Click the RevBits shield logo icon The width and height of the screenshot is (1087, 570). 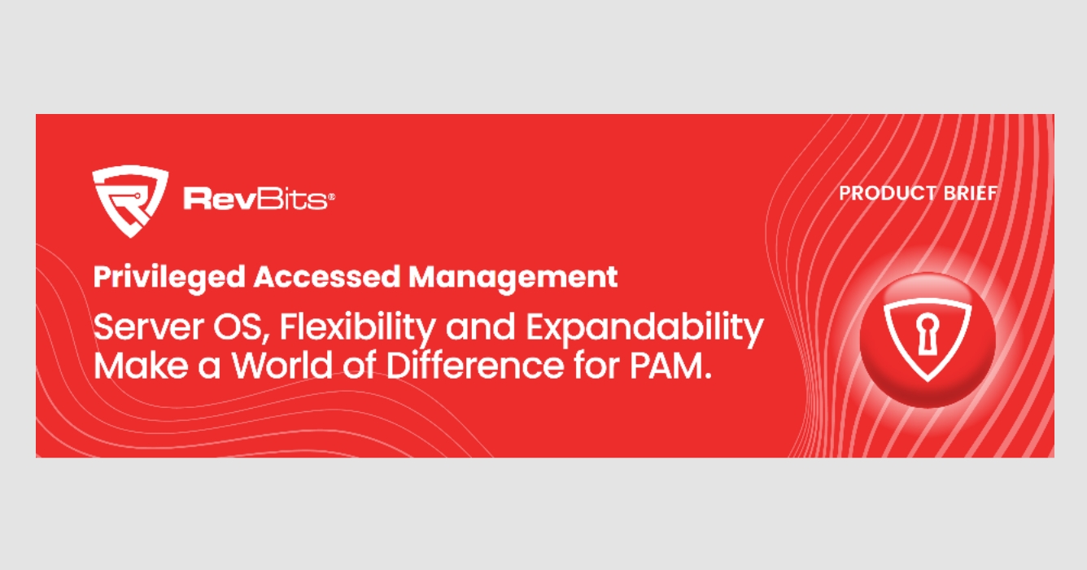(130, 201)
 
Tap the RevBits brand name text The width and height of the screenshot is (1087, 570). (255, 199)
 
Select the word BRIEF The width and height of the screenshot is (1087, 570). (971, 193)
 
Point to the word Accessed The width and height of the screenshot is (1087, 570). (327, 277)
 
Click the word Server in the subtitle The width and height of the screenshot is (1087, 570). (149, 327)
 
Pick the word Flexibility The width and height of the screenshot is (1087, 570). (358, 329)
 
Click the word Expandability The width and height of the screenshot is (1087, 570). (645, 329)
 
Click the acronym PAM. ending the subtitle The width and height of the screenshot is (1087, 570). (670, 366)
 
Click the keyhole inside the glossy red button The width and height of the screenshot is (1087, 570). (928, 335)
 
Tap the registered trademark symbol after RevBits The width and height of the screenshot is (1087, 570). (332, 196)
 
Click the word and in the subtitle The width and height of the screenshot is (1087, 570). (480, 327)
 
